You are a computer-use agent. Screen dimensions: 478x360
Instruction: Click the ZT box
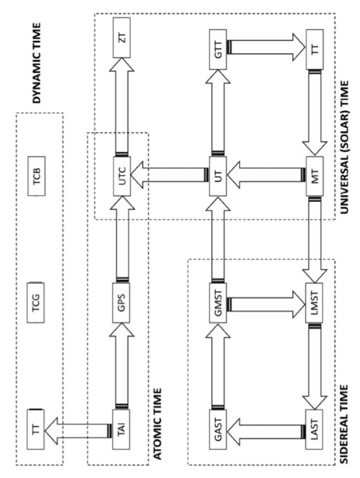pos(122,38)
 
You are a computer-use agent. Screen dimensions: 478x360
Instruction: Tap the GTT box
pos(217,49)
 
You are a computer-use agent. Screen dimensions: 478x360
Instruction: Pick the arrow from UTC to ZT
pos(122,106)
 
